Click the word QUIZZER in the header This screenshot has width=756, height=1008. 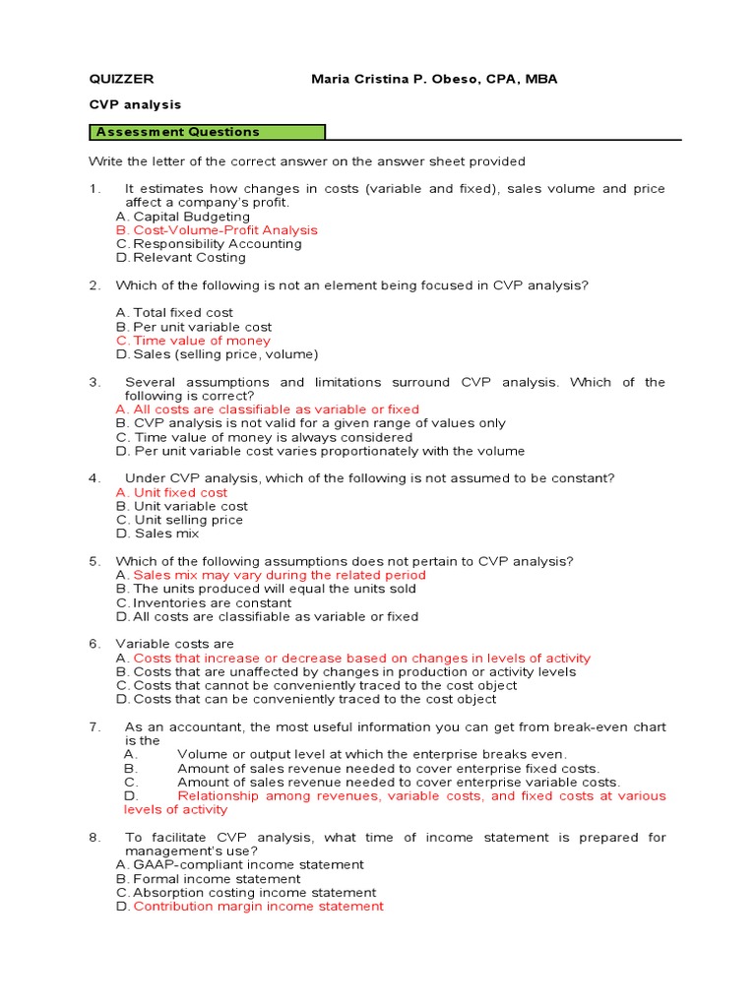point(121,79)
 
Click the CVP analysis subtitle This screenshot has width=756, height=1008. point(135,104)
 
